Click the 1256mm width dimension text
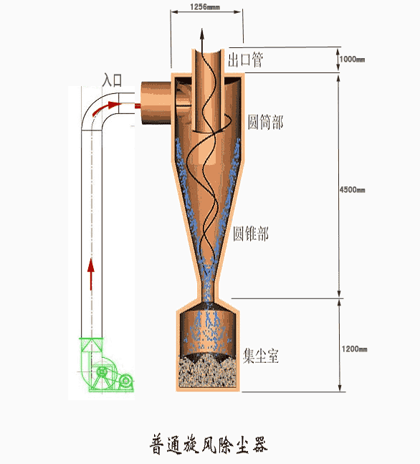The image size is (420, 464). point(205,6)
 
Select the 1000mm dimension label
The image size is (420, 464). point(352,60)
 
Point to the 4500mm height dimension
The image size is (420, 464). point(352,189)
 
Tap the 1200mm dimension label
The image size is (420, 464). point(354,349)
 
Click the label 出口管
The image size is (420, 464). point(245,60)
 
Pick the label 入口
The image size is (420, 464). point(112,80)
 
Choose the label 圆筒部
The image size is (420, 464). point(266,122)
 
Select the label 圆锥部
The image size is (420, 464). point(251,234)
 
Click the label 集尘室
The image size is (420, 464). point(261,356)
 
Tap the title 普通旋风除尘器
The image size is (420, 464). point(209,444)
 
